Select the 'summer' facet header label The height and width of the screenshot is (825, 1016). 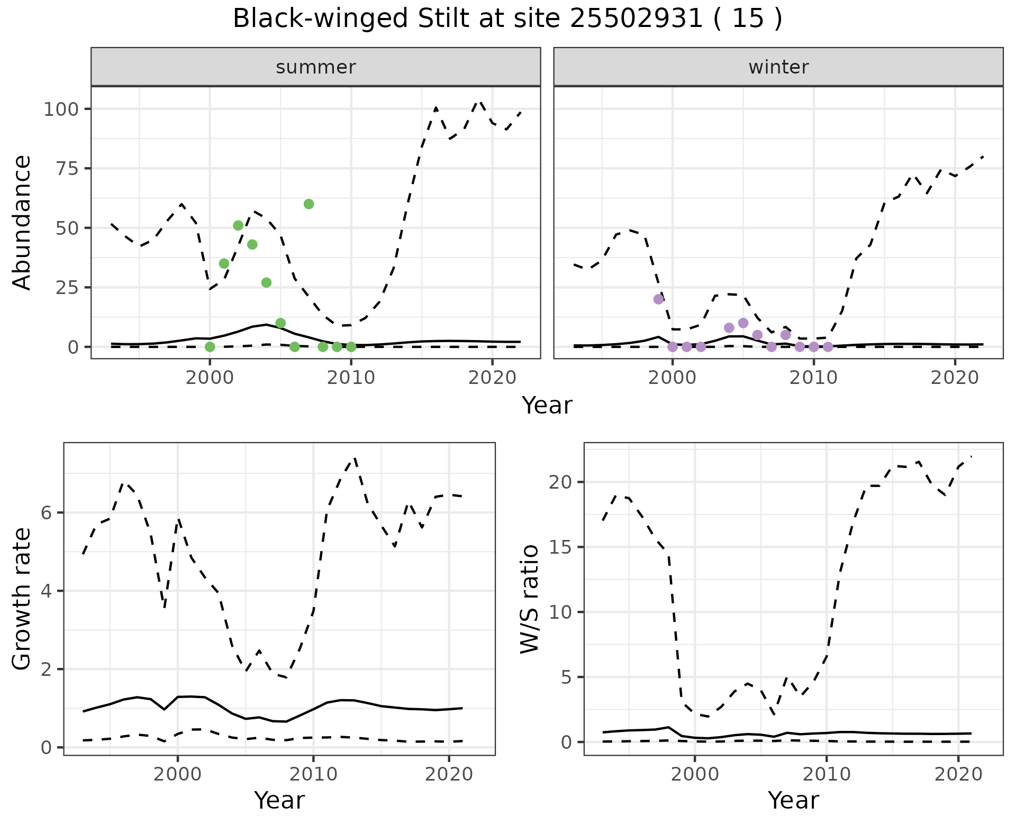point(316,67)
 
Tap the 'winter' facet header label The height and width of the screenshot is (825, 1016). point(778,67)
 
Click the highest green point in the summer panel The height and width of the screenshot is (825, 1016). point(309,204)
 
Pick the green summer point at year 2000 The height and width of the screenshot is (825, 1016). point(210,347)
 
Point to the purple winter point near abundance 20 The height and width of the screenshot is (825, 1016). point(658,299)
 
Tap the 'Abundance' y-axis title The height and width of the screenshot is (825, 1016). point(22,223)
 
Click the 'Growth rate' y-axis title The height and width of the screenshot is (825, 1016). point(22,599)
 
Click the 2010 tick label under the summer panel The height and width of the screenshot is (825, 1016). point(351,378)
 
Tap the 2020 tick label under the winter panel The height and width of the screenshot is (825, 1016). point(955,378)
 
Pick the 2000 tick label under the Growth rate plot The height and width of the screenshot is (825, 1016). point(178,775)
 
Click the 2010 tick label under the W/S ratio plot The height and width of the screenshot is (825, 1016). point(826,775)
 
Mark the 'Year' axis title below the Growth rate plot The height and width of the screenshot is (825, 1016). point(279,800)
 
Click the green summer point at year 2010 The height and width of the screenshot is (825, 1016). point(351,347)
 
